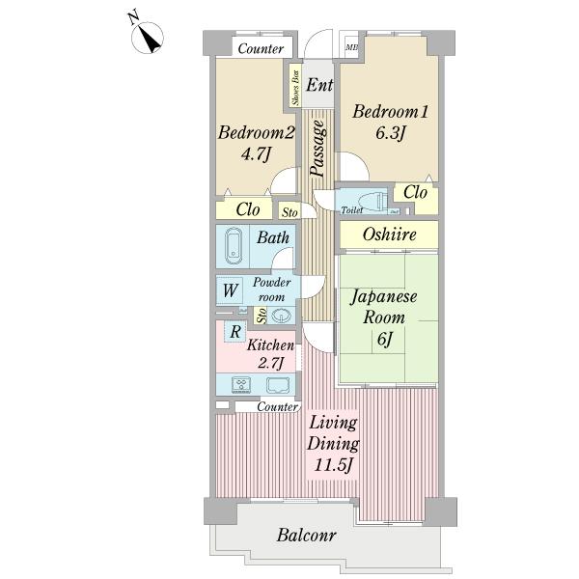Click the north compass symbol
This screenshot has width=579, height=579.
click(148, 38)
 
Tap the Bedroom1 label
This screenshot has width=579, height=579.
click(390, 112)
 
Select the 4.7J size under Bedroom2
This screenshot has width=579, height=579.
click(256, 154)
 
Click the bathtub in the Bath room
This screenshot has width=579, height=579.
click(234, 245)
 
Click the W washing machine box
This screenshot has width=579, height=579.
click(230, 290)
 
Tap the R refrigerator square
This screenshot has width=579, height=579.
click(235, 331)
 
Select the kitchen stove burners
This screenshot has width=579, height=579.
click(241, 385)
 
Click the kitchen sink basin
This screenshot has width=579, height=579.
click(279, 385)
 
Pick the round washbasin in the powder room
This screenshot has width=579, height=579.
click(282, 316)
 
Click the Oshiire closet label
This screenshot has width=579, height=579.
click(390, 234)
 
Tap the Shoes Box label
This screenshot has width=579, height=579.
click(295, 86)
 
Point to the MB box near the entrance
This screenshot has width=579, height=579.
click(351, 47)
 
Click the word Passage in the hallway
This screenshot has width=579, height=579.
click(317, 148)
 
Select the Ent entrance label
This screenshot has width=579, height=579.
click(319, 85)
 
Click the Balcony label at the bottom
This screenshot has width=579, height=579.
click(307, 535)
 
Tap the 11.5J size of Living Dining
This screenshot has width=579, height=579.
click(334, 465)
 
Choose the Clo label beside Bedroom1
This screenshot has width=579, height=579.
click(415, 192)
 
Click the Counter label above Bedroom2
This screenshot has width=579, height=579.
click(261, 49)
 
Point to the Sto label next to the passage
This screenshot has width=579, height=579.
click(289, 212)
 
